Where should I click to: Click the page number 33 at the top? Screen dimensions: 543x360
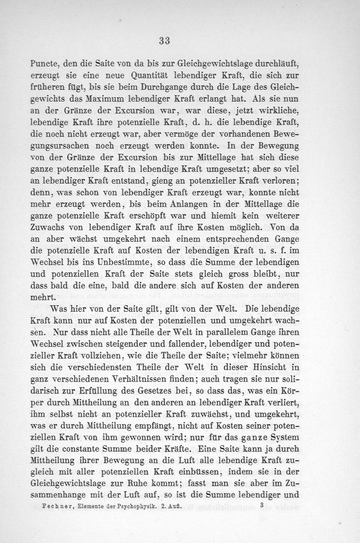tap(164, 40)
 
